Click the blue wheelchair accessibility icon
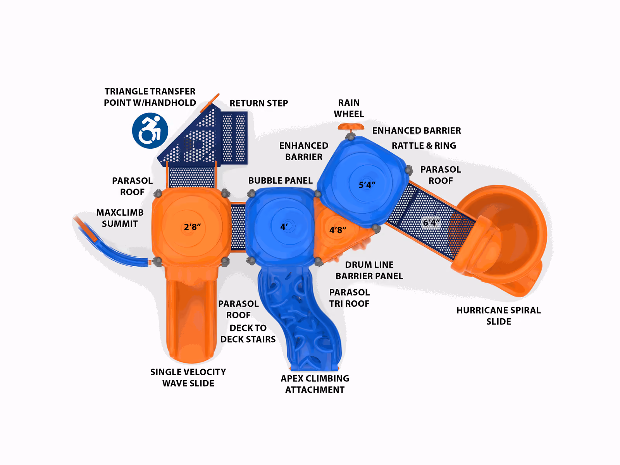click(x=150, y=130)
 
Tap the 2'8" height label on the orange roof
click(x=192, y=227)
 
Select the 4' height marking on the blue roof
click(x=284, y=226)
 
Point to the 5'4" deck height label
click(x=367, y=185)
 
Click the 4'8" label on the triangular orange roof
click(x=338, y=230)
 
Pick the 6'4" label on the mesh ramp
click(x=431, y=223)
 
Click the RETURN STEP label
click(x=259, y=103)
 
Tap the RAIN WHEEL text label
click(x=349, y=108)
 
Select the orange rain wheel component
click(x=351, y=127)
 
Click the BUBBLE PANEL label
click(x=281, y=180)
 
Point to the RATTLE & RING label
click(x=424, y=146)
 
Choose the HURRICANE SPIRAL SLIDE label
click(x=499, y=316)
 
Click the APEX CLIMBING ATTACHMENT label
click(x=315, y=384)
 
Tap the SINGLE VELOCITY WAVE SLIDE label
click(x=188, y=377)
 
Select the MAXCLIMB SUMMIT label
click(x=120, y=218)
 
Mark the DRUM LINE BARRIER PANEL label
click(x=369, y=270)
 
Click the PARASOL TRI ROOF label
click(x=350, y=298)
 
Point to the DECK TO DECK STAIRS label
click(x=248, y=333)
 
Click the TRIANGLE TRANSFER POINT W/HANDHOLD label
click(x=150, y=97)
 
